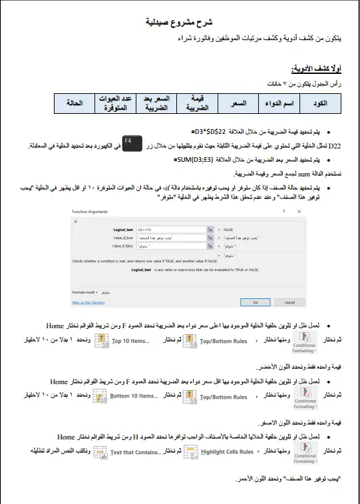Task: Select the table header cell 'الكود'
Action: tap(319, 104)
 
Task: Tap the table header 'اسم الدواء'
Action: tap(279, 104)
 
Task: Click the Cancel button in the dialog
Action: tap(289, 302)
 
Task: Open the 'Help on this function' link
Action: tap(89, 302)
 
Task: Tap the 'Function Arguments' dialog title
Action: tap(90, 212)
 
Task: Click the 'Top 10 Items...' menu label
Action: tap(131, 341)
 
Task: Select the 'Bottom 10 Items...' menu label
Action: tap(134, 396)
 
